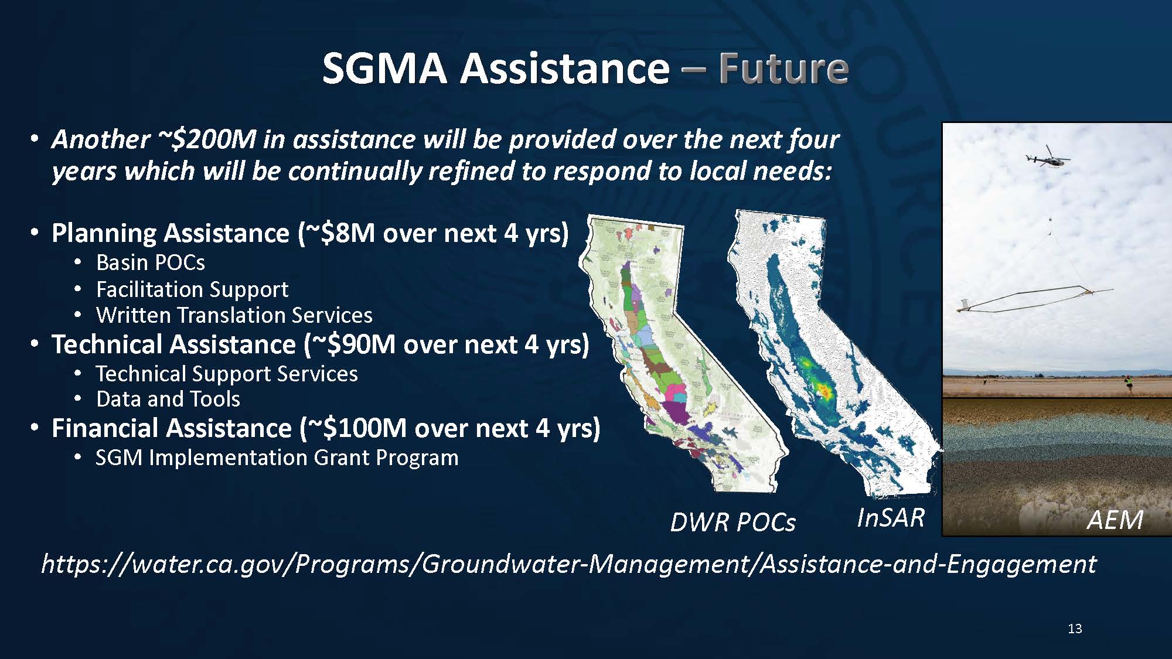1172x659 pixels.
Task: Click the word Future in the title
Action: [783, 68]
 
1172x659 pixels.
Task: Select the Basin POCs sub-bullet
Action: [151, 262]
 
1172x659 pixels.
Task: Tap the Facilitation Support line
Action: [192, 289]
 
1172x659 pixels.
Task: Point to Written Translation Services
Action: [234, 315]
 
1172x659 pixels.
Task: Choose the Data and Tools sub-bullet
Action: [168, 399]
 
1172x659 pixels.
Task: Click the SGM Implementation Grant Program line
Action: [277, 457]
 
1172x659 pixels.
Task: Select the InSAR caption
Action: [891, 518]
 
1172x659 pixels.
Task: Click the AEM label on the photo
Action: [1115, 520]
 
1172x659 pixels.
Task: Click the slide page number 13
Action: [1075, 629]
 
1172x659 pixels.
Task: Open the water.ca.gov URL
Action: [568, 564]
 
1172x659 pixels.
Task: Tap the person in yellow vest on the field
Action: [1126, 383]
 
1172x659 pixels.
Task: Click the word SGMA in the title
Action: [385, 68]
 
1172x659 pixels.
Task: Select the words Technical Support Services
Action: [227, 374]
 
